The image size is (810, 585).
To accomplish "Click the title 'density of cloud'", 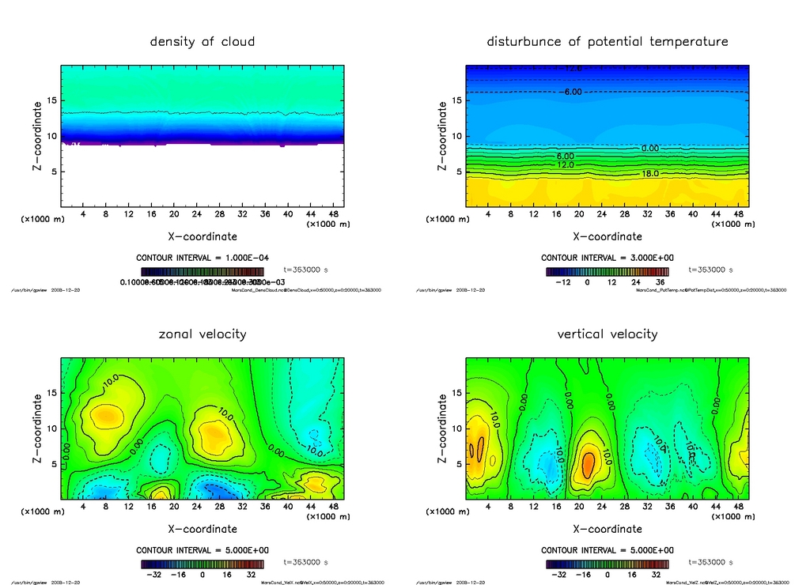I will point(202,41).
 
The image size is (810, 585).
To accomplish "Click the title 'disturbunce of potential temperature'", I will point(607,41).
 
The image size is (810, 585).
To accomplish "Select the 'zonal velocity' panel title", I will point(202,334).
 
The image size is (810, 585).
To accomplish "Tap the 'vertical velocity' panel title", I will point(607,334).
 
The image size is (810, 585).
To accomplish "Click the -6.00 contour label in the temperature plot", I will point(572,92).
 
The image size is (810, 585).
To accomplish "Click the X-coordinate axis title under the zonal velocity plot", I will point(202,529).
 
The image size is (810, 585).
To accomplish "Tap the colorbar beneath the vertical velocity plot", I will point(607,564).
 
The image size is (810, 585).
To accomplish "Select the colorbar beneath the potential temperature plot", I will point(607,272).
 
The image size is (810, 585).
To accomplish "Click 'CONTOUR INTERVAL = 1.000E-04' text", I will point(202,258).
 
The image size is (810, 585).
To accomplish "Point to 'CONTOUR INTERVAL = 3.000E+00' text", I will point(607,258).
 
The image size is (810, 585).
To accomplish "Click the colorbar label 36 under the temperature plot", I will point(659,281).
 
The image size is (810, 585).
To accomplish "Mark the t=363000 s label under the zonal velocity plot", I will point(305,563).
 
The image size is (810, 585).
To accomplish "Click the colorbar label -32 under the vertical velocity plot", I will point(558,575).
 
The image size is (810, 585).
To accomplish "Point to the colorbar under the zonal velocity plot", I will point(202,564).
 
